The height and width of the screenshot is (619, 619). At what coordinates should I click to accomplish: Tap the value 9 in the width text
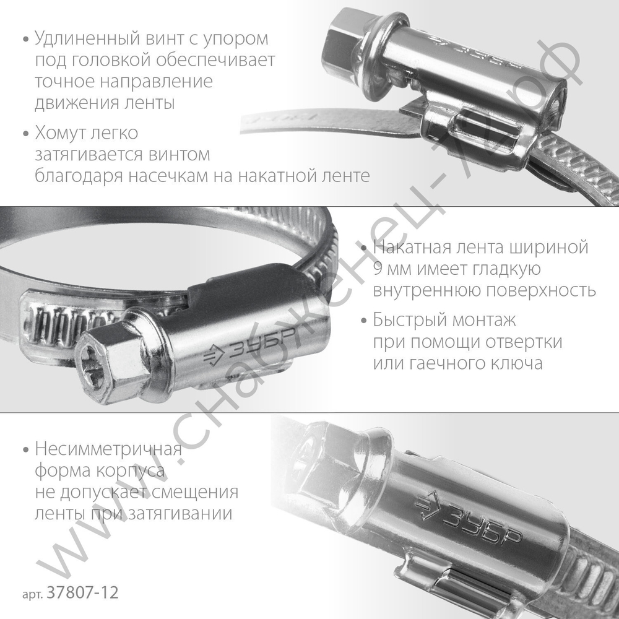378,270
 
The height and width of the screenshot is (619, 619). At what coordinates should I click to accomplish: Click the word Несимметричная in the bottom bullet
107,449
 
